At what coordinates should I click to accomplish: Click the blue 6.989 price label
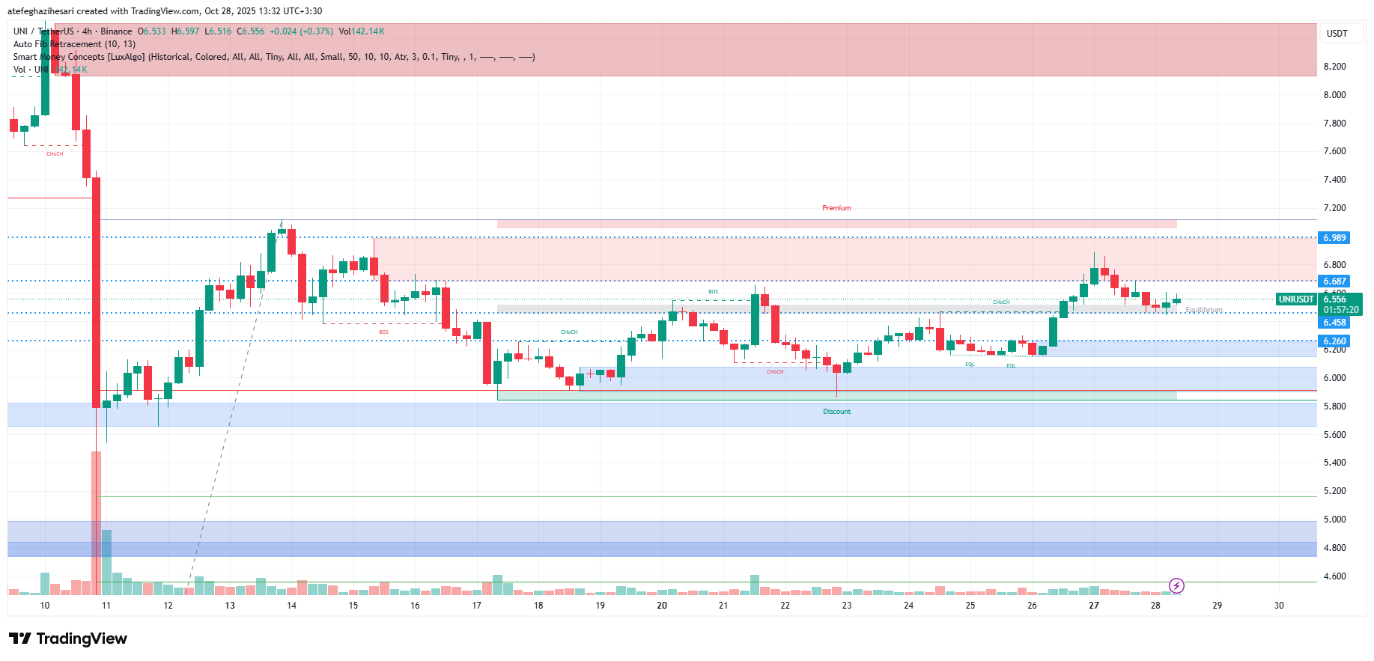(x=1334, y=238)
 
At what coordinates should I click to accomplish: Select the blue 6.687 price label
(x=1334, y=281)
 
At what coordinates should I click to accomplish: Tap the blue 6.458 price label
(x=1334, y=323)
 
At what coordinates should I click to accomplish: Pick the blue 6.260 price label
(x=1334, y=341)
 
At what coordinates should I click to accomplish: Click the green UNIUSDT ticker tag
(x=1296, y=299)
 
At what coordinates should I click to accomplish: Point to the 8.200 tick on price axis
(x=1334, y=67)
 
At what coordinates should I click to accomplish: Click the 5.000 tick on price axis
(x=1334, y=520)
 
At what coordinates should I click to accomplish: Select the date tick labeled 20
(x=662, y=606)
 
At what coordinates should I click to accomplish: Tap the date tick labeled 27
(x=1094, y=606)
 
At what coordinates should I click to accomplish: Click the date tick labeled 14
(x=291, y=606)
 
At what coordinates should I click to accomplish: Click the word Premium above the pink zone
(x=836, y=208)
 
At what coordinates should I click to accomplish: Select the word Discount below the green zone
(x=836, y=412)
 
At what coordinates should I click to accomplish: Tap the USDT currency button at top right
(x=1337, y=34)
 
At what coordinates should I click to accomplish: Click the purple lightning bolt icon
(x=1176, y=585)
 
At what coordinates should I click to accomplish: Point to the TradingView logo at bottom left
(x=68, y=639)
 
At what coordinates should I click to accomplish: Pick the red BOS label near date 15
(x=383, y=332)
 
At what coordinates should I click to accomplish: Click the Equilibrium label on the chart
(x=1203, y=310)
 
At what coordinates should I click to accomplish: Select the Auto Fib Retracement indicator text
(x=74, y=44)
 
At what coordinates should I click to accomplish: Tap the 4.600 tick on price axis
(x=1334, y=576)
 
